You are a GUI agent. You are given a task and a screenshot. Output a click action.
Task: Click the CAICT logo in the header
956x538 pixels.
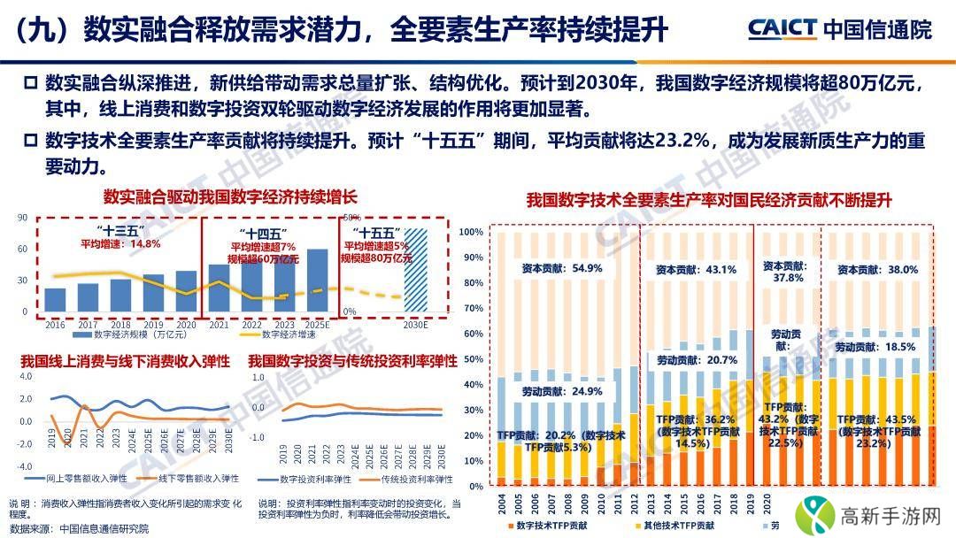pyautogui.click(x=782, y=28)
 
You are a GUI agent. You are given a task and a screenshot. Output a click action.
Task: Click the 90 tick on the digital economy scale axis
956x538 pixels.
pyautogui.click(x=22, y=216)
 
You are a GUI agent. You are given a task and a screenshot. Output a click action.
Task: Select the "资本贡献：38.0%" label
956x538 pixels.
pyautogui.click(x=876, y=269)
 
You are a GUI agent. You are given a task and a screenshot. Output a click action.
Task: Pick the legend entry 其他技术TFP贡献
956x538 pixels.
pyautogui.click(x=682, y=526)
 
